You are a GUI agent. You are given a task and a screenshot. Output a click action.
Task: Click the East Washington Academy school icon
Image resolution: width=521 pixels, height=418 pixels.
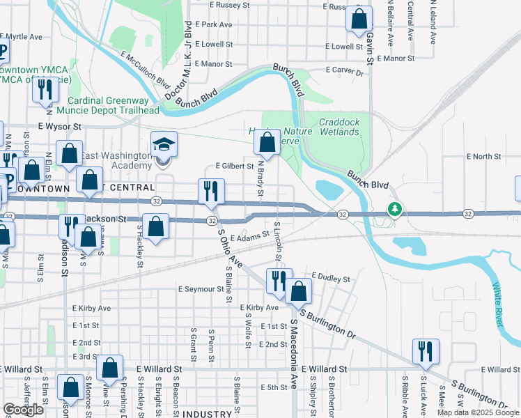tap(164, 146)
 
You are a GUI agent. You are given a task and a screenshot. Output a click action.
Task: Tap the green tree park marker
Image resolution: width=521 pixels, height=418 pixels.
tap(395, 208)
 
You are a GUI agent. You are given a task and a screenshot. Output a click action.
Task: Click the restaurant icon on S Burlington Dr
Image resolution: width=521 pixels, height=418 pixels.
tap(424, 351)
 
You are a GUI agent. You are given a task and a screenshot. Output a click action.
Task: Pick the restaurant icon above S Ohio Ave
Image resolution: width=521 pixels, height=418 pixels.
tap(211, 191)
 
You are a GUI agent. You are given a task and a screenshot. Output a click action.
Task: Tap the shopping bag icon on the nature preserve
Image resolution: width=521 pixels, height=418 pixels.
tap(267, 143)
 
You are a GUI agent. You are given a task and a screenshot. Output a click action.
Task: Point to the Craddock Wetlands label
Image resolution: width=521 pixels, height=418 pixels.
tap(339, 127)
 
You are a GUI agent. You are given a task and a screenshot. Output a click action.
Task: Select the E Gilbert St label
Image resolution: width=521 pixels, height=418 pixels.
tap(234, 167)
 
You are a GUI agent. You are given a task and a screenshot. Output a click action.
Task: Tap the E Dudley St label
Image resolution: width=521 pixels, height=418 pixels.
tap(331, 278)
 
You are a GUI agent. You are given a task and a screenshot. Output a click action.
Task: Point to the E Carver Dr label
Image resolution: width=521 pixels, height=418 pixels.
tap(346, 72)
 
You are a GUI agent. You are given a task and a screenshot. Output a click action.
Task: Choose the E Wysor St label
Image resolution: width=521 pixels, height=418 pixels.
tap(60, 127)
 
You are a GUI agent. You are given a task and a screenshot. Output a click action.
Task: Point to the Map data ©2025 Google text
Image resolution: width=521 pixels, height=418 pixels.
tap(477, 412)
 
